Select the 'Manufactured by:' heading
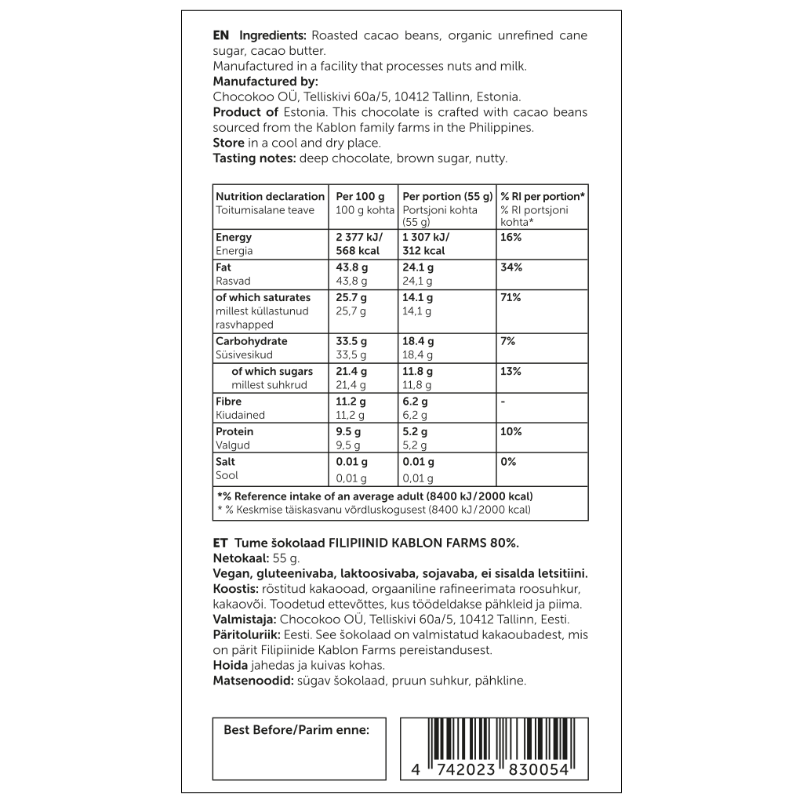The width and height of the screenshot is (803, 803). pos(265,82)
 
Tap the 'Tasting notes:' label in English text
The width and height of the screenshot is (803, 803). pos(255,158)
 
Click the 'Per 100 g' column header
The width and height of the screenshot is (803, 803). pos(360,196)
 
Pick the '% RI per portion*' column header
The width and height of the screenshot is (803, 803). pos(543,196)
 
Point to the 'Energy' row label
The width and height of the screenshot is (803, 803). pos(234,237)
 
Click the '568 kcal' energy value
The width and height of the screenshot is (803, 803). pos(358,251)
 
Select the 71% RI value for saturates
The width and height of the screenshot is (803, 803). pos(511,297)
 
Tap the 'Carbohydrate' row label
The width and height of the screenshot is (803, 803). pos(252,341)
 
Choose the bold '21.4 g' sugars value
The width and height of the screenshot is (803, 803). pos(352,371)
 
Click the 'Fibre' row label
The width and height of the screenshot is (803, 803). pos(228,401)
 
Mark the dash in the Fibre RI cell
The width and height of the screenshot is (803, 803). pos(503,401)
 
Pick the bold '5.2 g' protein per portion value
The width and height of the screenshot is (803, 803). pos(415,431)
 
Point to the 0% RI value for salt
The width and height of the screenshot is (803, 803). pos(508,462)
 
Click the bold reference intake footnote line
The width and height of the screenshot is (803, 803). pos(374,496)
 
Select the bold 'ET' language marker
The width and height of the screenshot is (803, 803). pos(220,543)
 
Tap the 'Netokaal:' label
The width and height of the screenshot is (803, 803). pos(241,558)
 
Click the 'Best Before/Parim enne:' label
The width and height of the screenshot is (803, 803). pos(296,730)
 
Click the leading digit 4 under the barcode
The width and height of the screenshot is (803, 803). pos(416,770)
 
